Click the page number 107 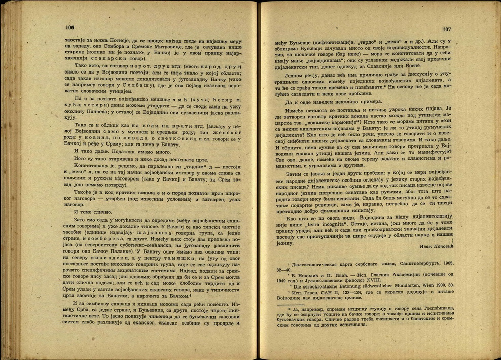tap(447, 29)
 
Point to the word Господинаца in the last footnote tap(435, 309)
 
